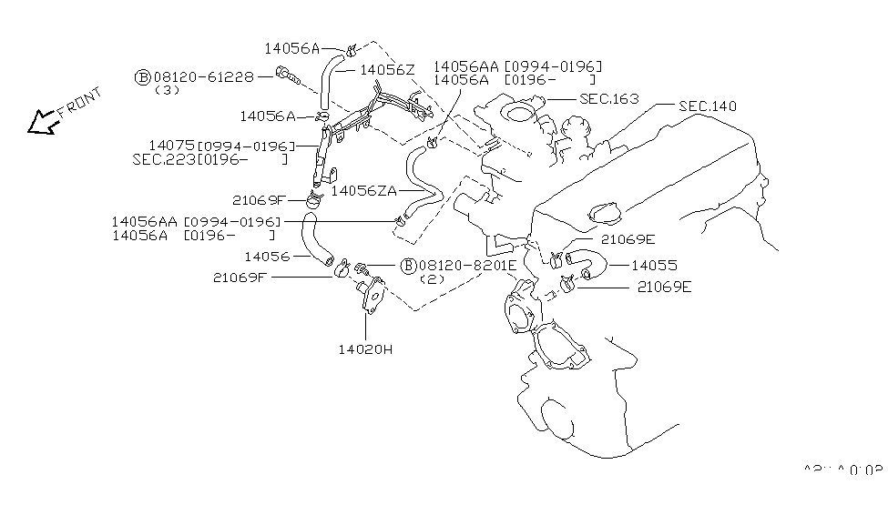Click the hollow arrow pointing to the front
coord(41,122)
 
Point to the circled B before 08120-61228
coord(142,77)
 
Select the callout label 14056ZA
coord(364,191)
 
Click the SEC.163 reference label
coord(608,98)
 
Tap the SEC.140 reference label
coord(707,106)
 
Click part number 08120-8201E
coord(467,265)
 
